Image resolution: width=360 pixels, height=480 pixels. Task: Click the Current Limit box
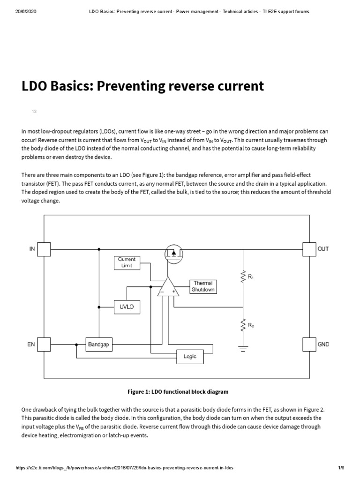click(127, 262)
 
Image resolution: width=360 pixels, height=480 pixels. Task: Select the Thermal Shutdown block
click(203, 286)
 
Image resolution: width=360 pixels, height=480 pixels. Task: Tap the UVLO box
click(127, 307)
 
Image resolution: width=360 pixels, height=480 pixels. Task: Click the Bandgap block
click(98, 345)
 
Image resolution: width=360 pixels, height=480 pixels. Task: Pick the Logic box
click(190, 357)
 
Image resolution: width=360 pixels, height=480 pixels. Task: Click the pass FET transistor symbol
click(173, 254)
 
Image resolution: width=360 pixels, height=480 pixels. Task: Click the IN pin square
click(44, 249)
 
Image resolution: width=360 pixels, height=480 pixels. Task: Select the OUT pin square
click(309, 249)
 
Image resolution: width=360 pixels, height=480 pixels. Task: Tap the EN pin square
click(44, 345)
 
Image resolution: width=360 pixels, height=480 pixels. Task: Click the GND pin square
click(309, 345)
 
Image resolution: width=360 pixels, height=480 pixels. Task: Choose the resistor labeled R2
click(243, 325)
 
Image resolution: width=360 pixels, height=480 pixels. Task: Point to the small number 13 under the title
click(34, 112)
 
